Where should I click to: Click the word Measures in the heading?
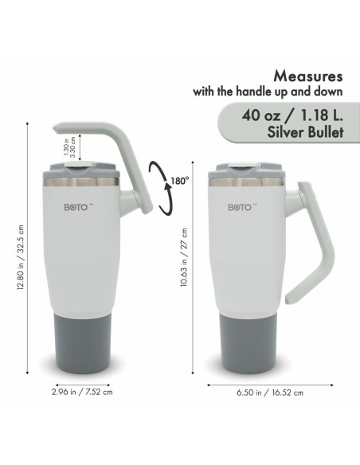(308, 76)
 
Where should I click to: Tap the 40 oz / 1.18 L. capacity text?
(292, 115)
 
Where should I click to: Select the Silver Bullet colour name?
(305, 132)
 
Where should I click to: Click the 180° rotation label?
(180, 181)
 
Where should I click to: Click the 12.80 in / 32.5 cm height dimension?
(21, 257)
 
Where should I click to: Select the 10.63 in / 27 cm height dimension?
(184, 257)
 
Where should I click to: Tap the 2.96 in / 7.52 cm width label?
(82, 392)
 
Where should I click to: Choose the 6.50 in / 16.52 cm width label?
(270, 393)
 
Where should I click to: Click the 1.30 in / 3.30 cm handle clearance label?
(69, 147)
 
